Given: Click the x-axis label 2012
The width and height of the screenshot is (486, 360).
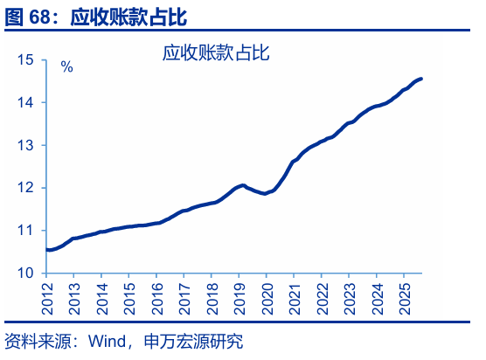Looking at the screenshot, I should (x=46, y=297).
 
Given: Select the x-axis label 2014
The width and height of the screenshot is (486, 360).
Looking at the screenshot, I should (x=101, y=297).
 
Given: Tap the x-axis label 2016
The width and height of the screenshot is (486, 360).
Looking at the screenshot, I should (x=156, y=297).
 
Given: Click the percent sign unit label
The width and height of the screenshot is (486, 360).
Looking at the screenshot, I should (x=66, y=67).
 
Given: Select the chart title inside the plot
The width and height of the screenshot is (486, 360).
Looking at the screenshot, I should (x=215, y=53).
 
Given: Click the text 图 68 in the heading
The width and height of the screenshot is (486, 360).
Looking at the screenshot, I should (x=30, y=16).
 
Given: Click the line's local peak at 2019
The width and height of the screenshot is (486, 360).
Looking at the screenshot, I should (x=242, y=185).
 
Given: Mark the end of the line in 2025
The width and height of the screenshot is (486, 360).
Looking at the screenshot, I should (x=421, y=79).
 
